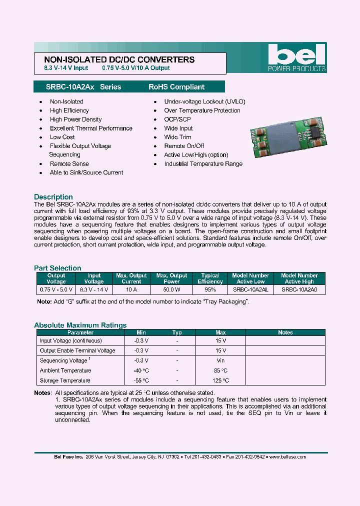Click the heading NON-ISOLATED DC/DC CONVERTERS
(116, 59)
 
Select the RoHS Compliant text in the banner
(176, 87)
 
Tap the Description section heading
(53, 197)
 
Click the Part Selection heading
(57, 268)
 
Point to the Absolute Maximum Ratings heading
(80, 325)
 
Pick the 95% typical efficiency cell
(210, 289)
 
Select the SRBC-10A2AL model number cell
(250, 289)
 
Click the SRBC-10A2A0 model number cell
(299, 289)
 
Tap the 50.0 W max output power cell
(171, 289)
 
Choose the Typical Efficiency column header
(210, 278)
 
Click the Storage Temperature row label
(65, 380)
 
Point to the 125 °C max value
(220, 380)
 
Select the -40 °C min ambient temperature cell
(141, 370)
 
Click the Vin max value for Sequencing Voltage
(220, 360)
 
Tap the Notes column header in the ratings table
(285, 332)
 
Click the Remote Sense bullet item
(69, 163)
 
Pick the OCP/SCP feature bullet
(177, 119)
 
